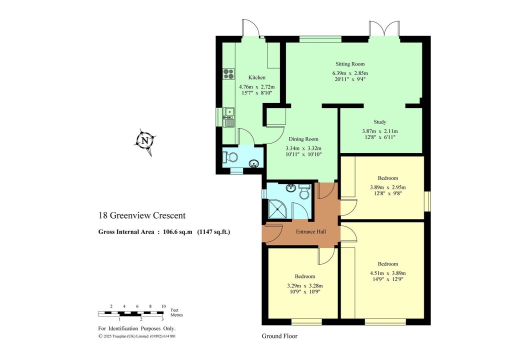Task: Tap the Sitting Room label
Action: (x=349, y=64)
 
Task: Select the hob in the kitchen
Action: (x=228, y=74)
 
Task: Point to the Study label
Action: (x=380, y=121)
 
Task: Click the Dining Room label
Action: (x=303, y=139)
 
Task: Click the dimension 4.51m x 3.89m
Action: (x=387, y=273)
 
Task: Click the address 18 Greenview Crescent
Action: (x=141, y=215)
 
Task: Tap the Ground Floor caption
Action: (x=279, y=336)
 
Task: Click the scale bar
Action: (x=130, y=313)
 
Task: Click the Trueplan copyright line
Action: (x=136, y=336)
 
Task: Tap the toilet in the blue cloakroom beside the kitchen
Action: (x=231, y=157)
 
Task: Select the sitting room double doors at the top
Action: (x=384, y=29)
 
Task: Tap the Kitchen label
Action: (x=257, y=77)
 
